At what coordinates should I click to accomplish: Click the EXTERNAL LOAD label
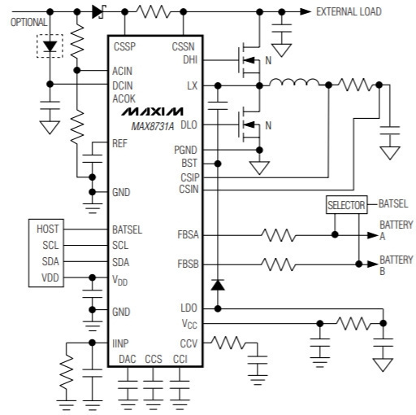(349, 11)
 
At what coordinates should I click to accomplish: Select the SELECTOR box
(346, 205)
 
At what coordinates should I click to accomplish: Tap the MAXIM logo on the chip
(152, 111)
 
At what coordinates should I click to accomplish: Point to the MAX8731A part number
(153, 126)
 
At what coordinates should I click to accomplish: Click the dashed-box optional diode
(50, 46)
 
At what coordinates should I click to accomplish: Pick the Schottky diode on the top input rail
(98, 12)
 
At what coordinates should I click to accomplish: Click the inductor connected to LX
(294, 82)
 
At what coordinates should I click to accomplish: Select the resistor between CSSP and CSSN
(154, 12)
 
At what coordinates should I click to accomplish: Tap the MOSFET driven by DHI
(249, 60)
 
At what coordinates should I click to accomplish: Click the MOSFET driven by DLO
(249, 124)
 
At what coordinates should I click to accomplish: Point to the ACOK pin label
(123, 98)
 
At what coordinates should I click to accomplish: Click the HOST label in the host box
(47, 229)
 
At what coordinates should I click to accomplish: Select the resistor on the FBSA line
(279, 235)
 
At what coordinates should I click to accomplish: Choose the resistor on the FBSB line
(279, 264)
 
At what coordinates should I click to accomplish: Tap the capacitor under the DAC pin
(128, 385)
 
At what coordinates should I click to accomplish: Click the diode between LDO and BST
(218, 285)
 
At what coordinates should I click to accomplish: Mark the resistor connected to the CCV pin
(228, 343)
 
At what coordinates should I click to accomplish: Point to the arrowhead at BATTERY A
(372, 235)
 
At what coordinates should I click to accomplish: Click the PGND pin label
(185, 150)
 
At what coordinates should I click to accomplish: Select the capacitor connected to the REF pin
(93, 159)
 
